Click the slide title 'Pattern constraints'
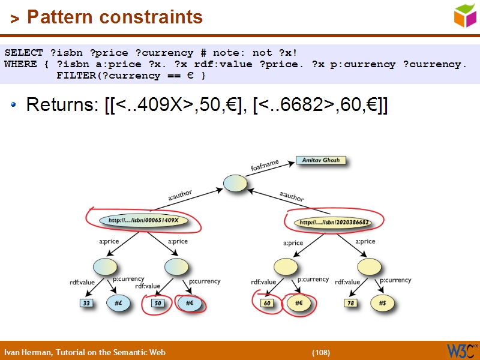coord(115,17)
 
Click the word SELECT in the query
coord(23,53)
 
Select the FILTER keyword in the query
coord(74,76)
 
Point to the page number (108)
coord(321,352)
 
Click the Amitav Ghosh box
coord(321,161)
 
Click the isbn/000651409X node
coord(144,221)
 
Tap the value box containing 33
coord(87,304)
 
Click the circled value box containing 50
coord(158,304)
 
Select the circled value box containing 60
coord(268,304)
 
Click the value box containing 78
coord(351,304)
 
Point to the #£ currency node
coord(119,304)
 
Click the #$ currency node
coord(382,304)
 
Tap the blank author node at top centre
coord(235,184)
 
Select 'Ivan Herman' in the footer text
coord(25,352)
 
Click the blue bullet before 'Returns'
coord(14,106)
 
